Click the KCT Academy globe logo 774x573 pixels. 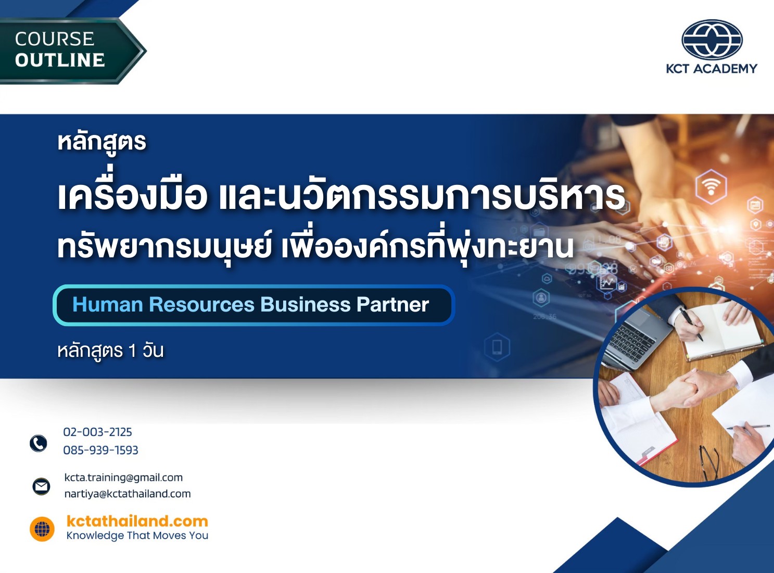pyautogui.click(x=712, y=40)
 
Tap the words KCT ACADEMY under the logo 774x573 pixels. pyautogui.click(x=712, y=69)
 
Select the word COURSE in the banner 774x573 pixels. pyautogui.click(x=55, y=39)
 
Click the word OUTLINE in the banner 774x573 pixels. pyautogui.click(x=60, y=60)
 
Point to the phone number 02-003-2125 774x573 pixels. pyautogui.click(x=97, y=432)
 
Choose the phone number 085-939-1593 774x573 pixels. pyautogui.click(x=100, y=450)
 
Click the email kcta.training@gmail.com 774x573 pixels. pyautogui.click(x=123, y=478)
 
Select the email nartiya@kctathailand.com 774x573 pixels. pyautogui.click(x=128, y=494)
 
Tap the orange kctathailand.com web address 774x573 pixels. pyautogui.click(x=137, y=521)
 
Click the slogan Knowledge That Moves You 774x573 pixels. pyautogui.click(x=137, y=535)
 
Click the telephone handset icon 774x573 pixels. pyautogui.click(x=39, y=443)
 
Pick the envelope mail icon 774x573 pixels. pyautogui.click(x=41, y=486)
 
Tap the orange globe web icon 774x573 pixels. pyautogui.click(x=42, y=529)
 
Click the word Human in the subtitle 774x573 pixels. pyautogui.click(x=107, y=305)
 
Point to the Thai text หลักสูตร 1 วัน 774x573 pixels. pyautogui.click(x=110, y=351)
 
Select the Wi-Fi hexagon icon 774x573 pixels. pyautogui.click(x=711, y=186)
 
